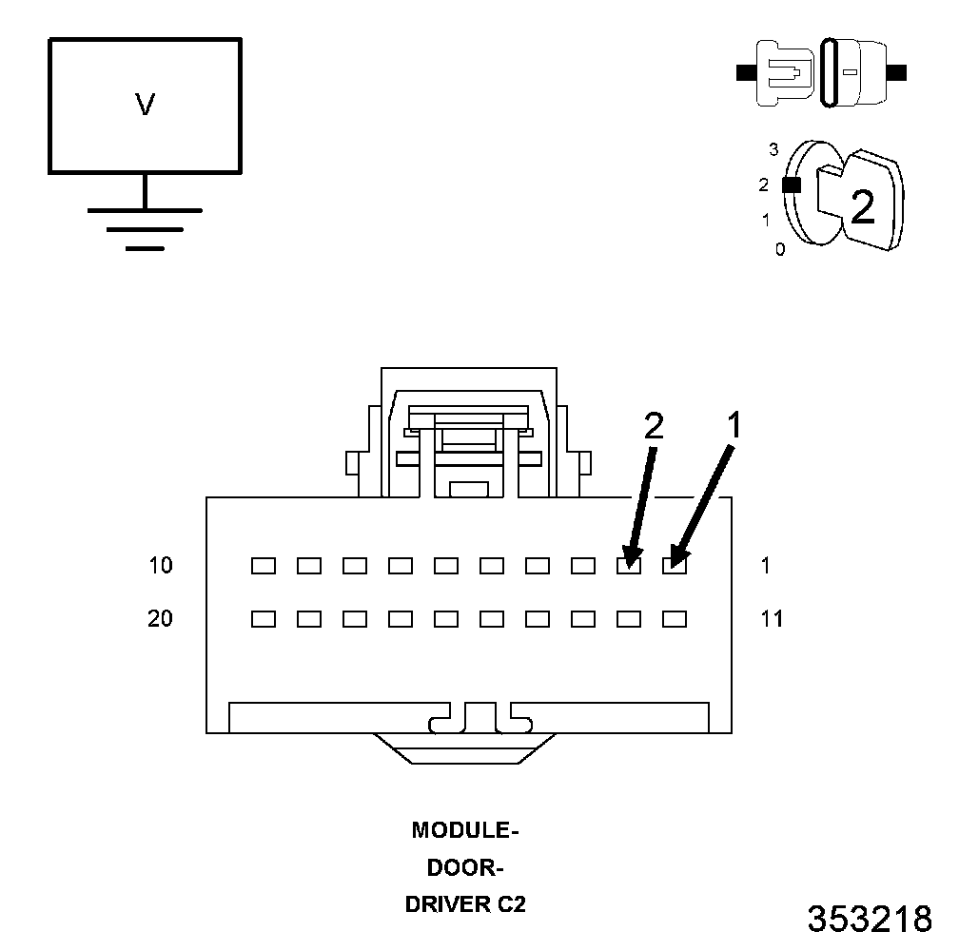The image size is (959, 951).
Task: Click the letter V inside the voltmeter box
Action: point(145,105)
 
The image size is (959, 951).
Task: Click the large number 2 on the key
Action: point(862,206)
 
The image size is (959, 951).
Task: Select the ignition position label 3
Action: point(773,149)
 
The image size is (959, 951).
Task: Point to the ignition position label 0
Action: point(780,250)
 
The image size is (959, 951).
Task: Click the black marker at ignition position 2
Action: point(790,185)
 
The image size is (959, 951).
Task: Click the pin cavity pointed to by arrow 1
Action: point(675,566)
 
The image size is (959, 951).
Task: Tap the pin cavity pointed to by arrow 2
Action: point(629,566)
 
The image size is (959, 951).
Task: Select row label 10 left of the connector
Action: point(161,566)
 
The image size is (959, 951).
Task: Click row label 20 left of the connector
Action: point(161,619)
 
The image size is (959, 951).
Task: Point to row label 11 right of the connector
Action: point(773,619)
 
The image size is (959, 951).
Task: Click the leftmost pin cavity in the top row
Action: point(264,566)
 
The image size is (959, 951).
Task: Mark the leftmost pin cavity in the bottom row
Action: point(264,619)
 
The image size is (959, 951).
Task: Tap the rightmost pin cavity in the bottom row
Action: point(675,619)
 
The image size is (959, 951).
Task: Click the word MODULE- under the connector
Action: point(464,830)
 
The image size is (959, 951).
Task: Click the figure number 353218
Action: point(870,919)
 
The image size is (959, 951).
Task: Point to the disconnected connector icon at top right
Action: point(822,72)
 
